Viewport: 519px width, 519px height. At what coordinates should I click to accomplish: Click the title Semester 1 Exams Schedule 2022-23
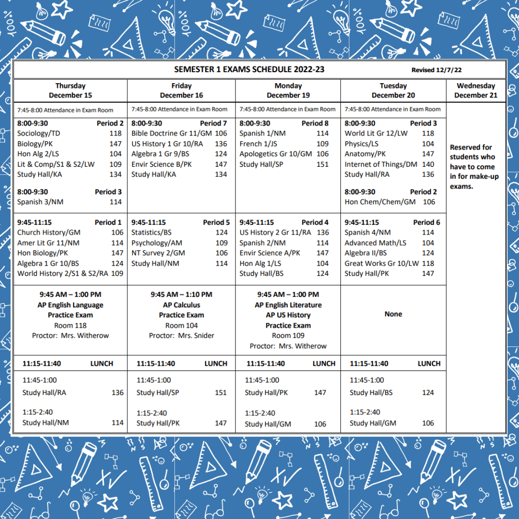(249, 69)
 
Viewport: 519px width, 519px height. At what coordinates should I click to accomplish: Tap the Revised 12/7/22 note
(436, 70)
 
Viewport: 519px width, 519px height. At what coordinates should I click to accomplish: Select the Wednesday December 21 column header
(476, 90)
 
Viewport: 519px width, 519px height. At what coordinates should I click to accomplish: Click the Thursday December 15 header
(70, 90)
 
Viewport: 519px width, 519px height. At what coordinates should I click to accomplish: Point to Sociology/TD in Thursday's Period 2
(38, 133)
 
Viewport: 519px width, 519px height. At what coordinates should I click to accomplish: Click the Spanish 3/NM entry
(40, 202)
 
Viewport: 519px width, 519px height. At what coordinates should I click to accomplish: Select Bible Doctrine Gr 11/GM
(172, 133)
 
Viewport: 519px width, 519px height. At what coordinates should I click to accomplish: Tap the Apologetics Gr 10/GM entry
(276, 154)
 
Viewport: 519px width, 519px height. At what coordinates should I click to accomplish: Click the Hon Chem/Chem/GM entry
(380, 202)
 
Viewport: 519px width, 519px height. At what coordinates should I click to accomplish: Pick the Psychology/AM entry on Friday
(157, 243)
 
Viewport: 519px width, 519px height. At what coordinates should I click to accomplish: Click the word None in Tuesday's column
(393, 314)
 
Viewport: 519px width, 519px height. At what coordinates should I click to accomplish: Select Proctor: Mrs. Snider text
(182, 335)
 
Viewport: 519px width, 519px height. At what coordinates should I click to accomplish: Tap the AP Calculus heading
(182, 305)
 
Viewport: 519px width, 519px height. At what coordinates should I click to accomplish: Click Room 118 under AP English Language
(70, 325)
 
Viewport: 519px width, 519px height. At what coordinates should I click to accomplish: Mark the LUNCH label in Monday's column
(324, 363)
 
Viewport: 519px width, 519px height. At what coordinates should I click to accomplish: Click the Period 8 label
(315, 123)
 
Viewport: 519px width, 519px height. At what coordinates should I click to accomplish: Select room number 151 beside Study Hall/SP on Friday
(221, 393)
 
